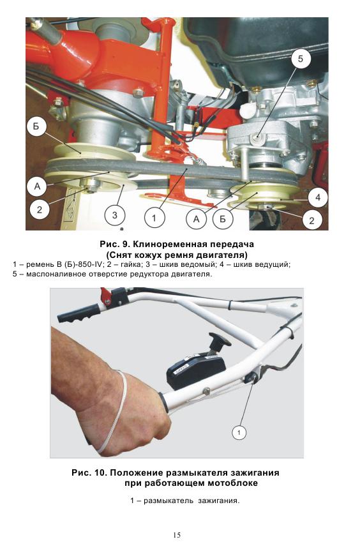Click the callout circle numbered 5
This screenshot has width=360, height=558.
(x=300, y=58)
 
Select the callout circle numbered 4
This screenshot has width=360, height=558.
(x=318, y=197)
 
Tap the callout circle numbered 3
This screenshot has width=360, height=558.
(x=114, y=215)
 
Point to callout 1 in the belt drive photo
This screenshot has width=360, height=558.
(x=154, y=218)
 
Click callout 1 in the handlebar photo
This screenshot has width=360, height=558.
(x=239, y=432)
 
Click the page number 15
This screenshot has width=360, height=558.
(x=177, y=535)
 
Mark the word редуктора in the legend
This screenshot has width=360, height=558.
(x=150, y=275)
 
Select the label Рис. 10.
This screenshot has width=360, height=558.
(x=89, y=473)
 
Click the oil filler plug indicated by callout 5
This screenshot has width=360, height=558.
(x=257, y=138)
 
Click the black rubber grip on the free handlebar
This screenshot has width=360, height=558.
(x=79, y=313)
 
